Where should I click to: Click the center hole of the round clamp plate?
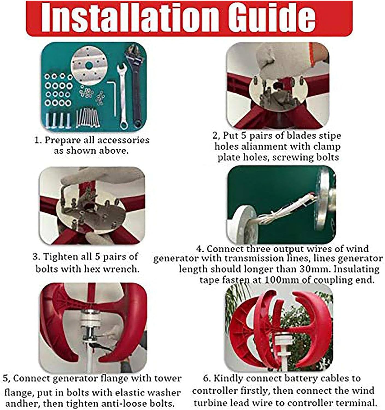pos(89,65)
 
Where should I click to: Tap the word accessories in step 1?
pos(123,140)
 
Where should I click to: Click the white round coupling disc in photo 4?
pos(243,226)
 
